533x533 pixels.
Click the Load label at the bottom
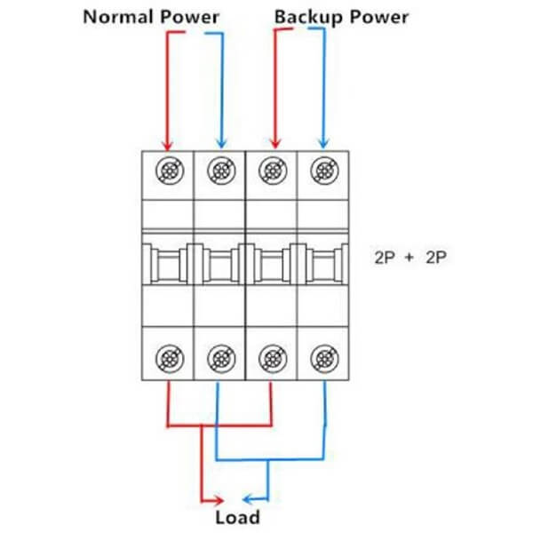click(x=237, y=517)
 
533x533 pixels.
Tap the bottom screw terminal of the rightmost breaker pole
click(x=323, y=358)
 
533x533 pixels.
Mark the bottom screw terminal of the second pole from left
click(x=219, y=358)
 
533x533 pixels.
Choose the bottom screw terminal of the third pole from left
click(x=272, y=358)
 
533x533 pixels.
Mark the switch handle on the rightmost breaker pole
click(x=323, y=265)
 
